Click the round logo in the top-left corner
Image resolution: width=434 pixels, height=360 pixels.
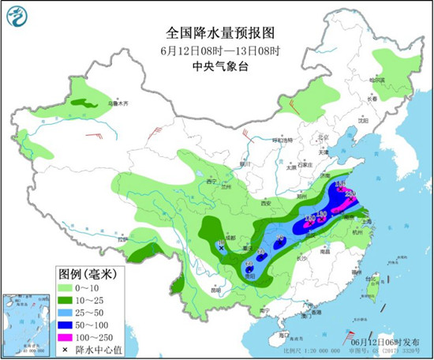point(17,16)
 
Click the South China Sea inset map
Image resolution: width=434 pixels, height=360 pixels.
point(24,324)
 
